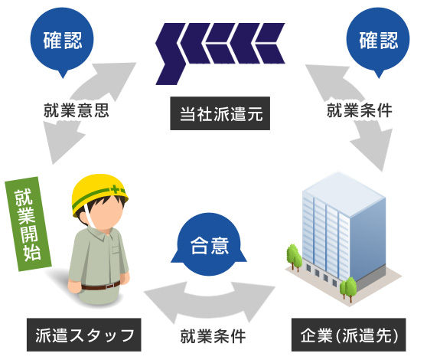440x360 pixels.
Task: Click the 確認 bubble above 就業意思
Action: [x=62, y=41]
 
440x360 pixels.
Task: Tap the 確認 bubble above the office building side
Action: [x=378, y=41]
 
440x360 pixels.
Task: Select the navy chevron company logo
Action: [x=220, y=54]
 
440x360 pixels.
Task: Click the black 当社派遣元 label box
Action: [x=220, y=113]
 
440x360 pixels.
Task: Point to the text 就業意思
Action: [x=76, y=110]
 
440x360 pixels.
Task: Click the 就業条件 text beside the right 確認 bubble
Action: [x=360, y=110]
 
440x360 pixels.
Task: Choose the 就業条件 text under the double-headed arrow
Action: [x=213, y=336]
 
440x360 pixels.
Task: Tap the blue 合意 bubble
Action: [x=209, y=244]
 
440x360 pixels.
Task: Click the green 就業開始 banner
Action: [x=28, y=224]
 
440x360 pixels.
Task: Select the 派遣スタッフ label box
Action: [x=84, y=335]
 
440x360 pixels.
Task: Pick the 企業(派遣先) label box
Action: [x=349, y=335]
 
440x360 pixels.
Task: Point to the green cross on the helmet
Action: [x=115, y=189]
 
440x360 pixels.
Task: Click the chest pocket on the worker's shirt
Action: [x=116, y=250]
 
